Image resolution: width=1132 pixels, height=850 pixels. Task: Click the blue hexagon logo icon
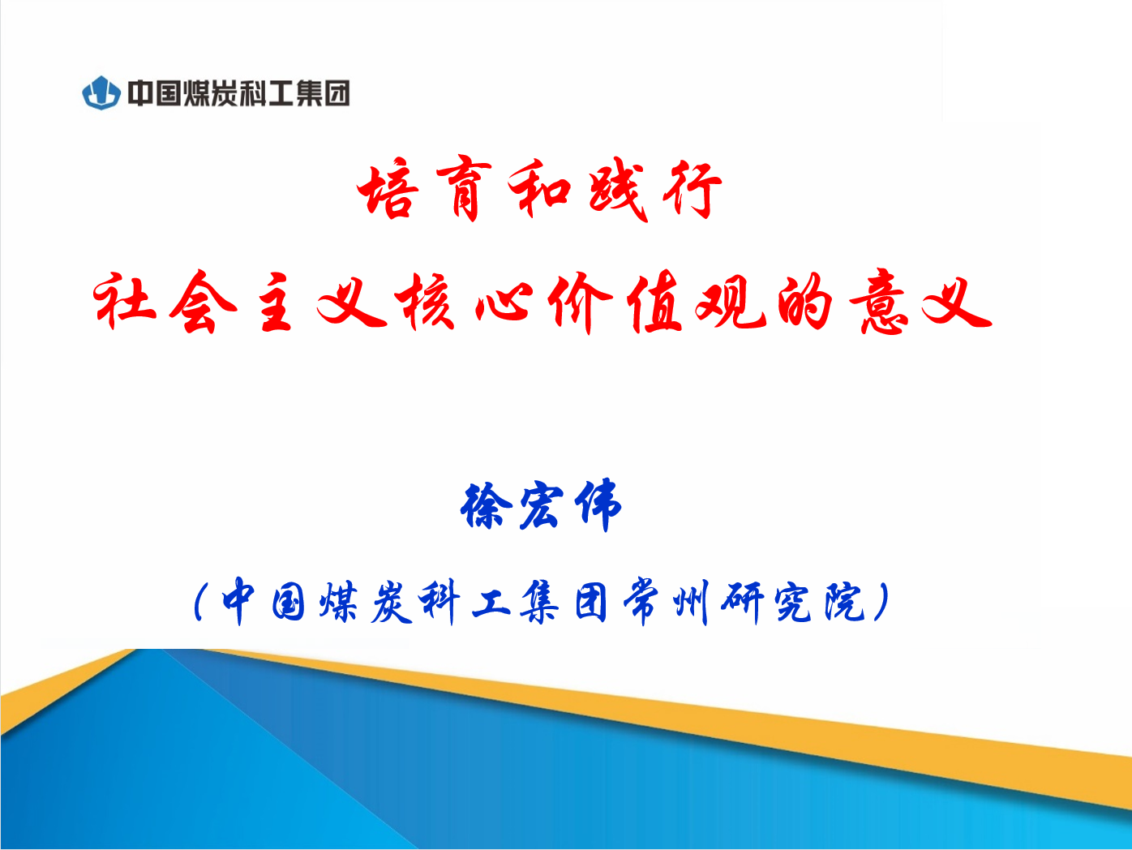pyautogui.click(x=101, y=92)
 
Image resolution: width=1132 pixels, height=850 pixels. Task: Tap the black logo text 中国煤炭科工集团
pyautogui.click(x=238, y=93)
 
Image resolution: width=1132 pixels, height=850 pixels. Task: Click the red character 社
pyautogui.click(x=124, y=301)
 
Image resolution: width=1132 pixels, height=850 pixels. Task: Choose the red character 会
pyautogui.click(x=202, y=301)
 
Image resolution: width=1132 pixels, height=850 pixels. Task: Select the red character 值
pyautogui.click(x=654, y=301)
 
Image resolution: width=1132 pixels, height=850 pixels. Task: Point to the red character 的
pyautogui.click(x=804, y=301)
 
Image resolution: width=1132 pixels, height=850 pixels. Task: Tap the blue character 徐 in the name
pyautogui.click(x=486, y=504)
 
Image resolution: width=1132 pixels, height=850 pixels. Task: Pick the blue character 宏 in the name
pyautogui.click(x=541, y=505)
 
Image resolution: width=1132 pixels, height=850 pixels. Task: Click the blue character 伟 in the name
pyautogui.click(x=598, y=504)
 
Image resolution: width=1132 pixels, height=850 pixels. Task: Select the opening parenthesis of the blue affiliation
pyautogui.click(x=200, y=601)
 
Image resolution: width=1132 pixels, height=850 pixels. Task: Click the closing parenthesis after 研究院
pyautogui.click(x=882, y=601)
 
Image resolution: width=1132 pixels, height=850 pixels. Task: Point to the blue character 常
pyautogui.click(x=641, y=601)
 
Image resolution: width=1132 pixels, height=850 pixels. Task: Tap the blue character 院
pyautogui.click(x=844, y=601)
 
